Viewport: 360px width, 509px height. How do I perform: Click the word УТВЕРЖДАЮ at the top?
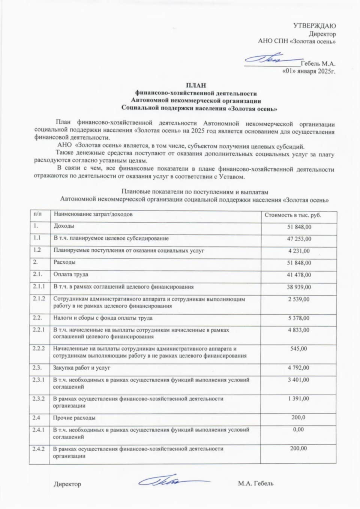coord(314,26)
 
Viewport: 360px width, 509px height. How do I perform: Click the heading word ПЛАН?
coord(196,86)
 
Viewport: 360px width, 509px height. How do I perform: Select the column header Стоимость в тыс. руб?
coord(293,215)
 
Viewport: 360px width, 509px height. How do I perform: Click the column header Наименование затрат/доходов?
coord(93,215)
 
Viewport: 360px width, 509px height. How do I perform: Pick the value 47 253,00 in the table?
coord(299,239)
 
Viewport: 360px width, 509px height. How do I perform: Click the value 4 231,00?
coord(299,251)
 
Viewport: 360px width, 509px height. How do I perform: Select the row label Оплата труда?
coord(71,274)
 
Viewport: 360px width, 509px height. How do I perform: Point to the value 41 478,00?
coord(299,275)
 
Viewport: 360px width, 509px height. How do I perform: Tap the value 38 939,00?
coord(299,287)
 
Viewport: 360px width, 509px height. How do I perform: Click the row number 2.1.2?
coord(39,299)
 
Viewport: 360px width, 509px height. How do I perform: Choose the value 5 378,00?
coord(299,318)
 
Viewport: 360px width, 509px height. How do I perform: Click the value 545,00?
coord(299,349)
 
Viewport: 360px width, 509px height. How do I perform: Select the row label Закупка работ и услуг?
coord(82,368)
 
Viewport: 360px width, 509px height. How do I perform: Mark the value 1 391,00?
coord(299,398)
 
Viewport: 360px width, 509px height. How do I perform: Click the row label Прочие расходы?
coord(74,417)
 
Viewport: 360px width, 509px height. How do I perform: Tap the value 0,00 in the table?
coord(299,429)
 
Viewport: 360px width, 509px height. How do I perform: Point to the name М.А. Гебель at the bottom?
coord(255,483)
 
